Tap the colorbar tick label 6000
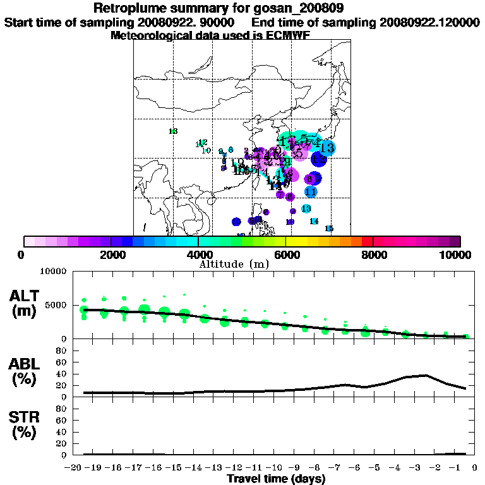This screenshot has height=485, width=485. [287, 254]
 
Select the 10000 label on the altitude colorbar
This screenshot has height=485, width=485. [460, 254]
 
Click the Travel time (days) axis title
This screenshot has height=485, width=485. [276, 479]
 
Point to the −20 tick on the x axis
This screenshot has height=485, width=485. [74, 468]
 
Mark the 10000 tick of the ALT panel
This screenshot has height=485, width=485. [54, 272]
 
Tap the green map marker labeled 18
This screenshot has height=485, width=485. [173, 131]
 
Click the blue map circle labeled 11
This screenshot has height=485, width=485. [311, 191]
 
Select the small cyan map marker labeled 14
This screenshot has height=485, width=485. [314, 221]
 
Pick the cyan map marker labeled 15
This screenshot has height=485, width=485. [329, 229]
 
